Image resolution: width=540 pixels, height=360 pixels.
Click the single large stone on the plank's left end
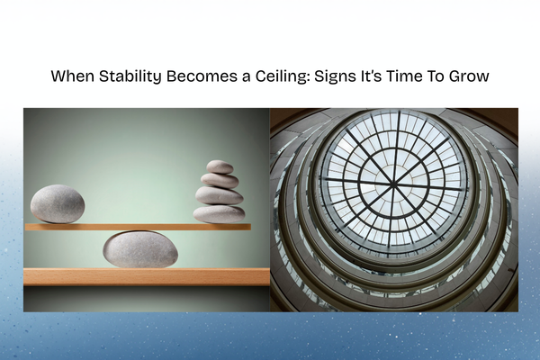58,203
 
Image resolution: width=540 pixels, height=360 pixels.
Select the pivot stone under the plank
139,249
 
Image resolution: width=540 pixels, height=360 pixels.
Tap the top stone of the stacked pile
220,166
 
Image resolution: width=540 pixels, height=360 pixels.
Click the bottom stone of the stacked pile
219,214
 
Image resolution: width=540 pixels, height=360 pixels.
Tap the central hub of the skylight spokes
394,186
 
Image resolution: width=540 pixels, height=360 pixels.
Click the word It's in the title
370,76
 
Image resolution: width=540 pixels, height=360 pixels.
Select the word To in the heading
436,76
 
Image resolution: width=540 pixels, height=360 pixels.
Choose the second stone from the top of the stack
220,180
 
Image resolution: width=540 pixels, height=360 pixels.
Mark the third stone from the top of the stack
219,195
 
